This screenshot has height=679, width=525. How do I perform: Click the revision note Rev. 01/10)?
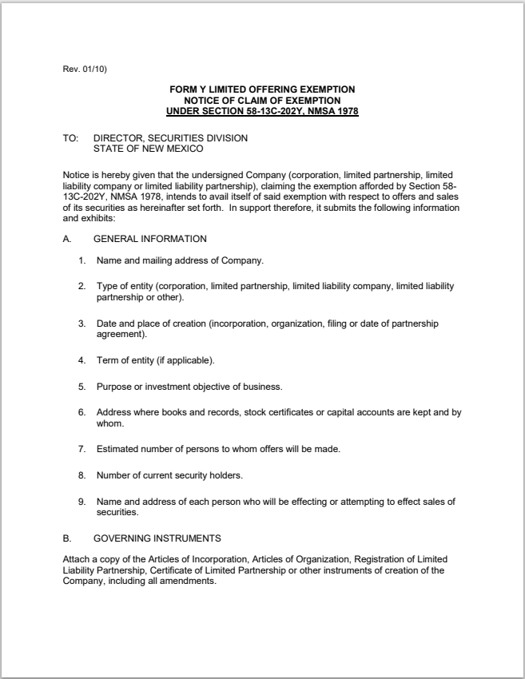pyautogui.click(x=85, y=69)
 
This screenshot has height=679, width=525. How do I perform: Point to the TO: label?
pyautogui.click(x=70, y=138)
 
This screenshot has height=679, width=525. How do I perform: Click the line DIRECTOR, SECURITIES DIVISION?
pyautogui.click(x=170, y=138)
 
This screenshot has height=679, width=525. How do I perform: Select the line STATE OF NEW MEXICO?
pyautogui.click(x=148, y=148)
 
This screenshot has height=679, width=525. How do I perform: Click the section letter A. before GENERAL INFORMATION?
pyautogui.click(x=67, y=239)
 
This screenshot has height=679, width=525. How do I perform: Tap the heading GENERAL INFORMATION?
pyautogui.click(x=150, y=239)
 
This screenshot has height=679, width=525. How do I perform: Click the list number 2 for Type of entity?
pyautogui.click(x=82, y=285)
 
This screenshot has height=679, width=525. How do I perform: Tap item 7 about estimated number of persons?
pyautogui.click(x=218, y=450)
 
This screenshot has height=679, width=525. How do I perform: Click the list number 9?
pyautogui.click(x=82, y=502)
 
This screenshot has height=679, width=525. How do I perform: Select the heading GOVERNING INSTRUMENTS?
pyautogui.click(x=155, y=538)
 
